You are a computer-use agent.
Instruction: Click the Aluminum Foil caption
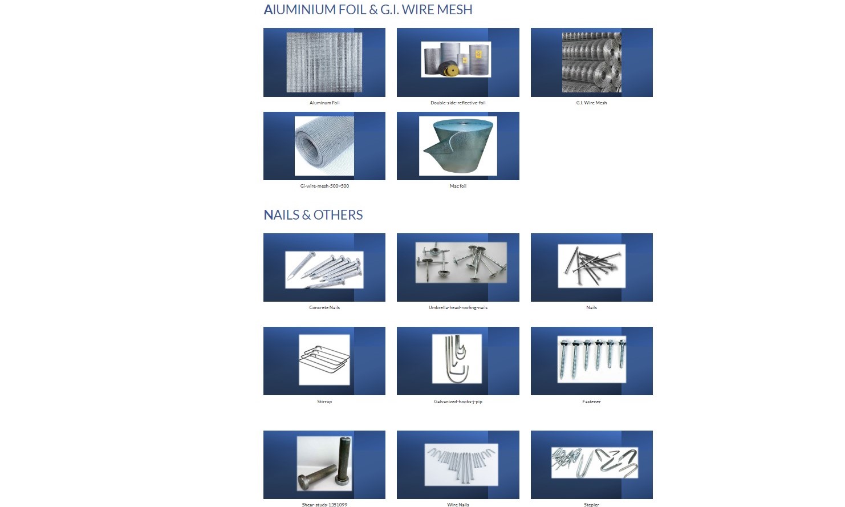click(x=324, y=103)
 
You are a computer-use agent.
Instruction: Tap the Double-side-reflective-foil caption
click(x=458, y=103)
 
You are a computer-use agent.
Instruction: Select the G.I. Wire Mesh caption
click(x=591, y=103)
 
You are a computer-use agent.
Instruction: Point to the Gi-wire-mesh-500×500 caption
click(x=324, y=186)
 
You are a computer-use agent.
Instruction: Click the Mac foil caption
click(x=458, y=186)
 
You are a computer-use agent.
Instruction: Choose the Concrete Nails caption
click(x=324, y=307)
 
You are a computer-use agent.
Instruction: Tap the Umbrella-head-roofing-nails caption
click(x=458, y=307)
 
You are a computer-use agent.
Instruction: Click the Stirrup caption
click(x=324, y=401)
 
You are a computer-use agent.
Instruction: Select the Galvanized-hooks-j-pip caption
click(x=458, y=401)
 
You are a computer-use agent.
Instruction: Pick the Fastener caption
click(x=591, y=401)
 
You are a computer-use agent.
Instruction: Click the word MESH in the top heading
click(x=454, y=10)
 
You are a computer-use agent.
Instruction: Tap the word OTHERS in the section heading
click(x=338, y=214)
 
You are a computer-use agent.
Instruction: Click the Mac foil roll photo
click(x=458, y=146)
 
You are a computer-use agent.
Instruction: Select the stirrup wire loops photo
click(x=324, y=360)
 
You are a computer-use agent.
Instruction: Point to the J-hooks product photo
click(x=457, y=359)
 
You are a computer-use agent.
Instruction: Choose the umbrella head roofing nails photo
click(x=461, y=262)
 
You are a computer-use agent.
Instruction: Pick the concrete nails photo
click(x=324, y=270)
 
